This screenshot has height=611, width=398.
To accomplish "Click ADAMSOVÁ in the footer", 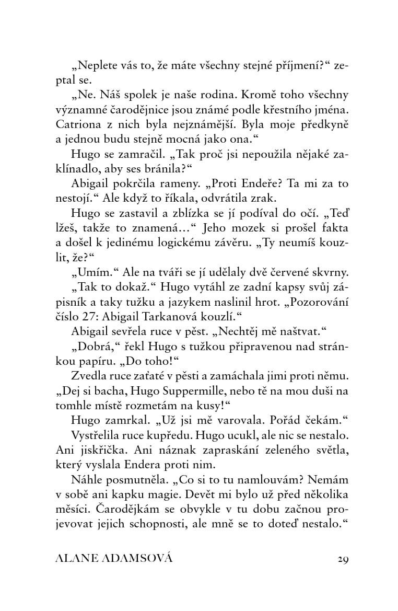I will click(x=137, y=559).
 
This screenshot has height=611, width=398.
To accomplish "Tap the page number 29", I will click(x=343, y=559).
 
